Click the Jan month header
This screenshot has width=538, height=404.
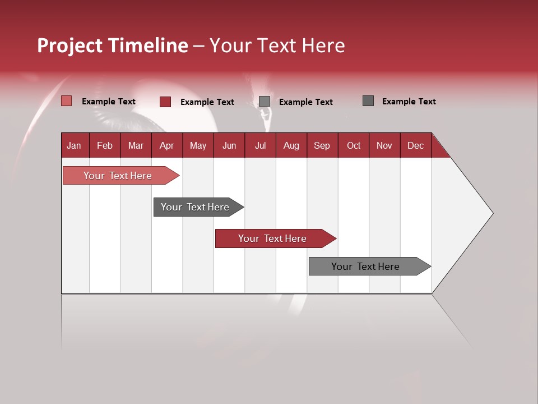(74, 145)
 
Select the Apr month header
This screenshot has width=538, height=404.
(166, 145)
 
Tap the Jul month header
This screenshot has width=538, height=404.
(260, 145)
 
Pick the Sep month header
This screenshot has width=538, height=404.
(322, 145)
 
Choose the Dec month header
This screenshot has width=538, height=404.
(415, 145)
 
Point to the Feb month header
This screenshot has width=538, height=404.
(105, 145)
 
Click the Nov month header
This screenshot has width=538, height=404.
(384, 145)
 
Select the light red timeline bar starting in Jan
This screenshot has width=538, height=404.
(118, 176)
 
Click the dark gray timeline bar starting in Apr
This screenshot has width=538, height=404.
(195, 207)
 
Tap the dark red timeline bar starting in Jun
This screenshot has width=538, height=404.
(272, 238)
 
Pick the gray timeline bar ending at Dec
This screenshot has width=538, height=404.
(365, 267)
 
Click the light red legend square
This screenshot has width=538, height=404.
(66, 101)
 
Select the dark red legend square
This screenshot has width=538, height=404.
(165, 102)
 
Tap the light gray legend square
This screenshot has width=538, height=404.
(265, 102)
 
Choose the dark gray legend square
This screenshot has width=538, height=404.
(368, 101)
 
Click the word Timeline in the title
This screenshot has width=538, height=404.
(148, 45)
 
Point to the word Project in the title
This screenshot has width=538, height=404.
(69, 46)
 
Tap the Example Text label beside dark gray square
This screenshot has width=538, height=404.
(409, 102)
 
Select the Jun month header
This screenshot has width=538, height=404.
(229, 145)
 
